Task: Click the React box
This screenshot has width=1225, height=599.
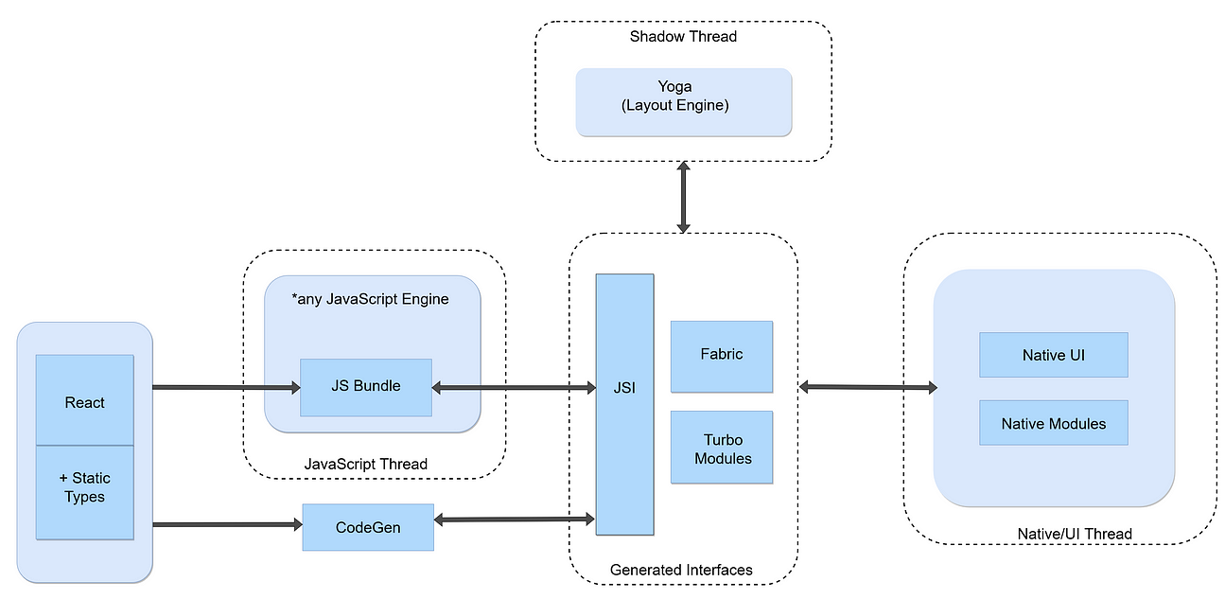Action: [x=84, y=400]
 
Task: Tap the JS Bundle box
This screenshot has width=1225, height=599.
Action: [x=365, y=386]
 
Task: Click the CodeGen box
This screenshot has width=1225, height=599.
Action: [x=367, y=527]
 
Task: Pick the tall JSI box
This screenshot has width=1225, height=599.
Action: [x=624, y=404]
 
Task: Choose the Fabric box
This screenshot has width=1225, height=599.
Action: [x=721, y=356]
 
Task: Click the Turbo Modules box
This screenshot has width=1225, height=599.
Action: [x=722, y=448]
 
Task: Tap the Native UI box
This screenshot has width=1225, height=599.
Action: [x=1053, y=355]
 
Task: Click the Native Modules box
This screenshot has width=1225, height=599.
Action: [x=1053, y=423]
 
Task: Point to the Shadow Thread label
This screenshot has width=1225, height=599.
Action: [x=683, y=37]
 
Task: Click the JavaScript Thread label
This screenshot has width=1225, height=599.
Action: [x=365, y=464]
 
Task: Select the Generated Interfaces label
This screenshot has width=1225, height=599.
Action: [x=681, y=570]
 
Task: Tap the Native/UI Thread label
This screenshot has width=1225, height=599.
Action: [x=1074, y=534]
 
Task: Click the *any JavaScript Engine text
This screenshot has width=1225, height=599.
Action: [x=371, y=300]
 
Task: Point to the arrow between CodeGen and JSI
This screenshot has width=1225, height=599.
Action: [x=514, y=519]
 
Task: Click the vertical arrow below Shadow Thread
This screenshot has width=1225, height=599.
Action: [x=683, y=196]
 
